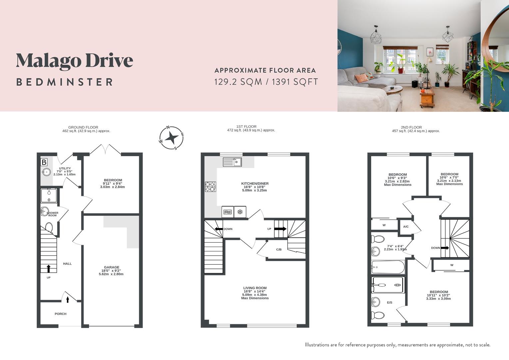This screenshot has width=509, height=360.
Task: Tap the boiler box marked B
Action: point(44,162)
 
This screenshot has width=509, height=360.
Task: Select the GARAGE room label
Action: point(111,267)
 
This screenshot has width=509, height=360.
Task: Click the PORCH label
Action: point(60,314)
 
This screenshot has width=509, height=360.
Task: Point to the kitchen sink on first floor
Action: point(233,162)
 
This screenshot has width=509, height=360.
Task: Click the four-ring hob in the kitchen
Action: point(210,186)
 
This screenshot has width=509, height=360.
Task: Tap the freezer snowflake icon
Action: point(240,212)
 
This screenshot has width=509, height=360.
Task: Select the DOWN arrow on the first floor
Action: point(219,229)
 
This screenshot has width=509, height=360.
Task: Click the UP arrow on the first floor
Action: point(280,229)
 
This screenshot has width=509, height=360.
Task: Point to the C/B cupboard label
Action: point(279,249)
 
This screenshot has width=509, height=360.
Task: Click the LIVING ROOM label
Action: point(255,288)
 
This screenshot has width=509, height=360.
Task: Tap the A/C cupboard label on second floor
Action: point(406,227)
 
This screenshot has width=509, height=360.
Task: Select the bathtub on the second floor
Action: point(388,267)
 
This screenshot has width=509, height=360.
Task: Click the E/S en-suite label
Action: point(389,303)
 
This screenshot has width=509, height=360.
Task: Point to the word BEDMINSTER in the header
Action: point(65,82)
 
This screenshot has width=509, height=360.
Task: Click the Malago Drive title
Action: point(75,61)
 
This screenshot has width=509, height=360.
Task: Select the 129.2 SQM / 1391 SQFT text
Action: point(266,82)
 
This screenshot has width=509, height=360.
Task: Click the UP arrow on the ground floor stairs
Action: point(49,268)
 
